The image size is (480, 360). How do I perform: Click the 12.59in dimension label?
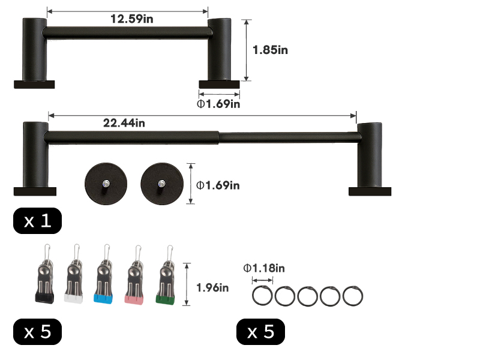click(x=131, y=19)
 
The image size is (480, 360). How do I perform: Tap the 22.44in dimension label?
click(x=124, y=123)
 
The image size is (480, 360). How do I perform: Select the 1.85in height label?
click(x=270, y=50)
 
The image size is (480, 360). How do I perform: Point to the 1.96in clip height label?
click(x=212, y=288)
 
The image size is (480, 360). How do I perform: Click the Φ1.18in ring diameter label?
click(x=264, y=268)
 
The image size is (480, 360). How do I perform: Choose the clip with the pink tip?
click(x=134, y=275)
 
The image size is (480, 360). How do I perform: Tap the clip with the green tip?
click(x=166, y=275)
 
